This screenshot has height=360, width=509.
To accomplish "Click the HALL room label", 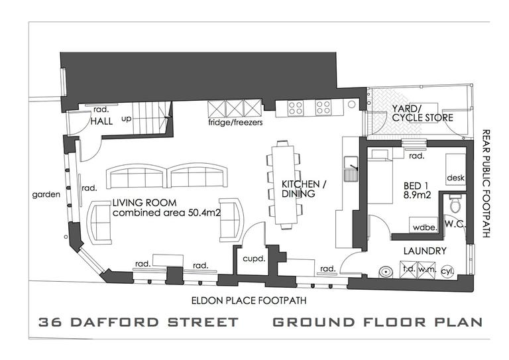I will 101,121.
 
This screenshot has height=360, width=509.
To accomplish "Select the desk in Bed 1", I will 455,171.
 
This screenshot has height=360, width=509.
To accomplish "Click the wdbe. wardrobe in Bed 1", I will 424,225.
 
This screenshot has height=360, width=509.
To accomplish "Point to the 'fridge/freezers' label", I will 235,123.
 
